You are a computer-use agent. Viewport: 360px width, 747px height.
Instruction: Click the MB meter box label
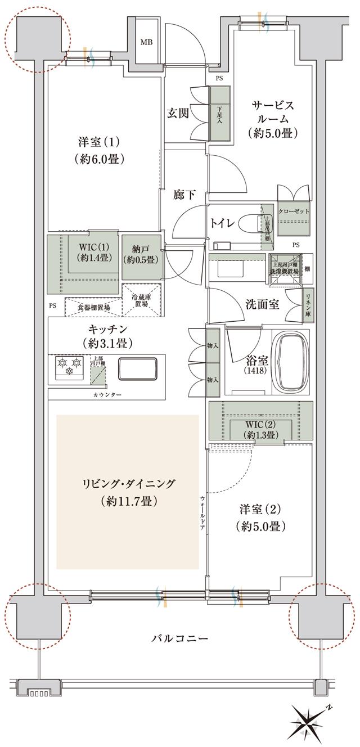pyautogui.click(x=146, y=42)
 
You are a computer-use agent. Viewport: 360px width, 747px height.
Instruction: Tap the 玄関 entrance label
pyautogui.click(x=177, y=112)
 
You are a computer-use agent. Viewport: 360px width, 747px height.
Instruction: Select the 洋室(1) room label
pyautogui.click(x=98, y=150)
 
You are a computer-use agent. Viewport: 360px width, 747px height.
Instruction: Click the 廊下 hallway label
pyautogui.click(x=184, y=195)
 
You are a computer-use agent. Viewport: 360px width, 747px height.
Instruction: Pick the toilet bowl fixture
pyautogui.click(x=251, y=223)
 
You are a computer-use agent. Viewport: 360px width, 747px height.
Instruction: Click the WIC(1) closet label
pyautogui.click(x=90, y=253)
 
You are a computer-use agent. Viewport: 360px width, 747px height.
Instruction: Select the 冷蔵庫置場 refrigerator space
pyautogui.click(x=142, y=300)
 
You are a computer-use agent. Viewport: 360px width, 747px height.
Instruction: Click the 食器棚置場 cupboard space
pyautogui.click(x=93, y=308)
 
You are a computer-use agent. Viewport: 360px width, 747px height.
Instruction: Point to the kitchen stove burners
pyautogui.click(x=69, y=366)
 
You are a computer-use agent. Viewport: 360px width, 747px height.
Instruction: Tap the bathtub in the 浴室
pyautogui.click(x=292, y=362)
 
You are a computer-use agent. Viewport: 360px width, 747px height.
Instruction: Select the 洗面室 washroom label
pyautogui.click(x=262, y=304)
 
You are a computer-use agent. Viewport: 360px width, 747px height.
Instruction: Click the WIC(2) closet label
pyautogui.click(x=260, y=429)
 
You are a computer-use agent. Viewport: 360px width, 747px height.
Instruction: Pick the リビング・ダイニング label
pyautogui.click(x=128, y=491)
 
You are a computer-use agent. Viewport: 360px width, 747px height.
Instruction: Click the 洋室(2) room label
pyautogui.click(x=259, y=517)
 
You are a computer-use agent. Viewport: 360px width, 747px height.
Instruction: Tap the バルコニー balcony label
pyautogui.click(x=179, y=639)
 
